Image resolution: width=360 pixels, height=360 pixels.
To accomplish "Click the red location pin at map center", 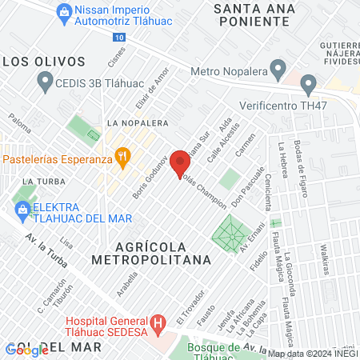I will [x=180, y=162].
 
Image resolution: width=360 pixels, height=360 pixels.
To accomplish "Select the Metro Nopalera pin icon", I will [x=278, y=72].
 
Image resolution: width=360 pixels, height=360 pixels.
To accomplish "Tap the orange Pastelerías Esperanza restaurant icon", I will [x=122, y=158].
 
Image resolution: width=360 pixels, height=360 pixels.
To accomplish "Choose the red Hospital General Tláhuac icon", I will [x=158, y=322].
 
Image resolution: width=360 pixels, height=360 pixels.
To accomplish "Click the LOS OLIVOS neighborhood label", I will [x=43, y=61].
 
